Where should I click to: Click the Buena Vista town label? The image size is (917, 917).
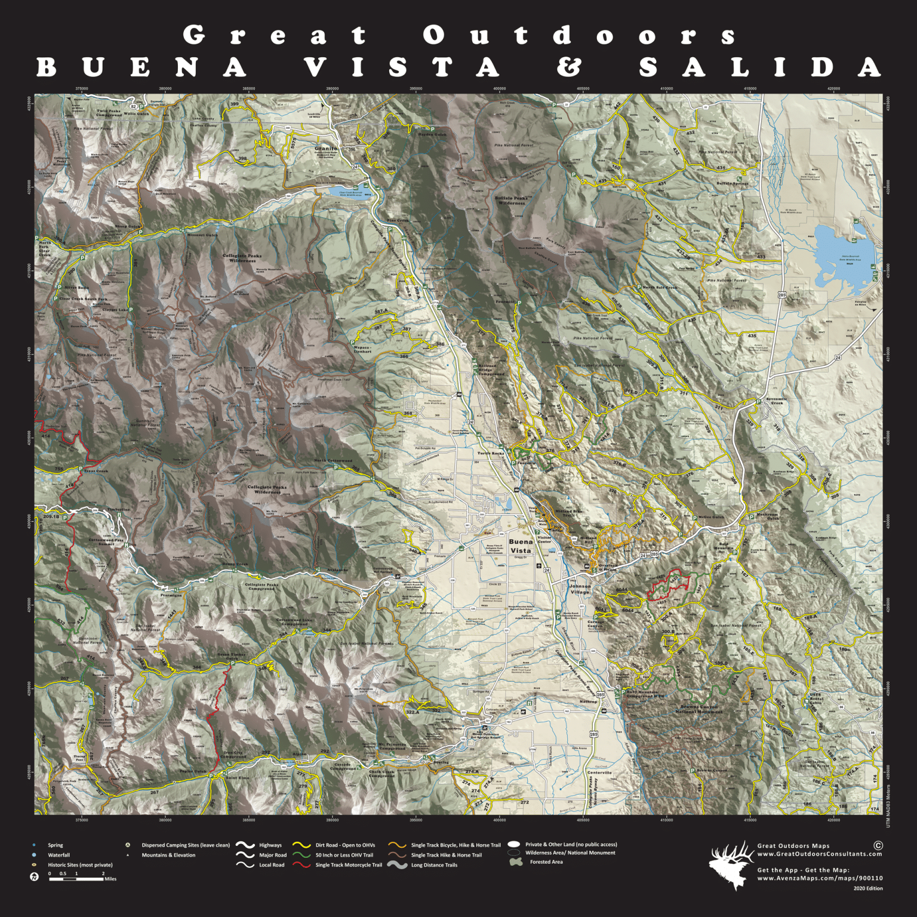point(521,546)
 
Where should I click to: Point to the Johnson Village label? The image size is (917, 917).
point(579,589)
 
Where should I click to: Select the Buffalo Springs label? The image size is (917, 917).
point(732,183)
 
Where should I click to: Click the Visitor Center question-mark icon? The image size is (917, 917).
point(537,532)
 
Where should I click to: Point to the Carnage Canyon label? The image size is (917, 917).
point(595,624)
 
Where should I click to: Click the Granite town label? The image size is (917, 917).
point(326,148)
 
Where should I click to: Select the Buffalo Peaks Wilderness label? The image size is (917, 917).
point(512,201)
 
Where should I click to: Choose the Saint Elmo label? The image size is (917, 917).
point(237,778)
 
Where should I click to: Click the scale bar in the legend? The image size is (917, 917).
point(76,879)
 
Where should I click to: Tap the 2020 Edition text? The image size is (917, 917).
point(867,888)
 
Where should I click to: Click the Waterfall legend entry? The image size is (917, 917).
point(59,855)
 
